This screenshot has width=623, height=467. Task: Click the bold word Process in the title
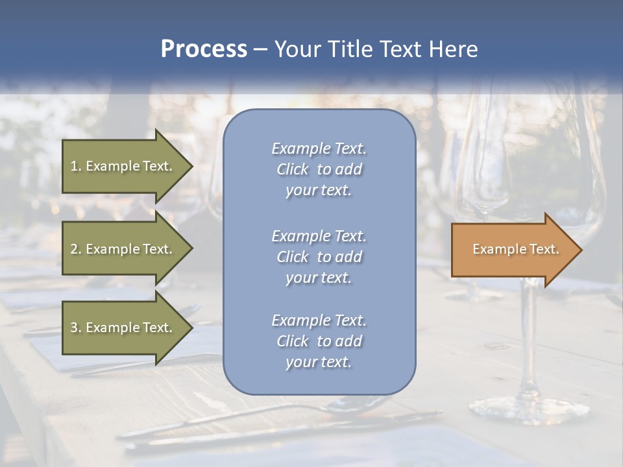pos(204,49)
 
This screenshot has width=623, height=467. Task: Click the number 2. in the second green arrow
pos(76,249)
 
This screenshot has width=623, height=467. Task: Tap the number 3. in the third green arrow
pos(76,328)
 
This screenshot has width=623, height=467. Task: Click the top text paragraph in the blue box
pos(319,169)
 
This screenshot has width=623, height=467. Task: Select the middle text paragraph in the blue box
pos(319,257)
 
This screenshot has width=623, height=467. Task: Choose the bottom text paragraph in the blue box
pos(319,341)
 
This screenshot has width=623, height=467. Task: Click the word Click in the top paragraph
pos(293,169)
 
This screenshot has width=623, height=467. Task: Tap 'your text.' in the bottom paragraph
pos(319,363)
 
